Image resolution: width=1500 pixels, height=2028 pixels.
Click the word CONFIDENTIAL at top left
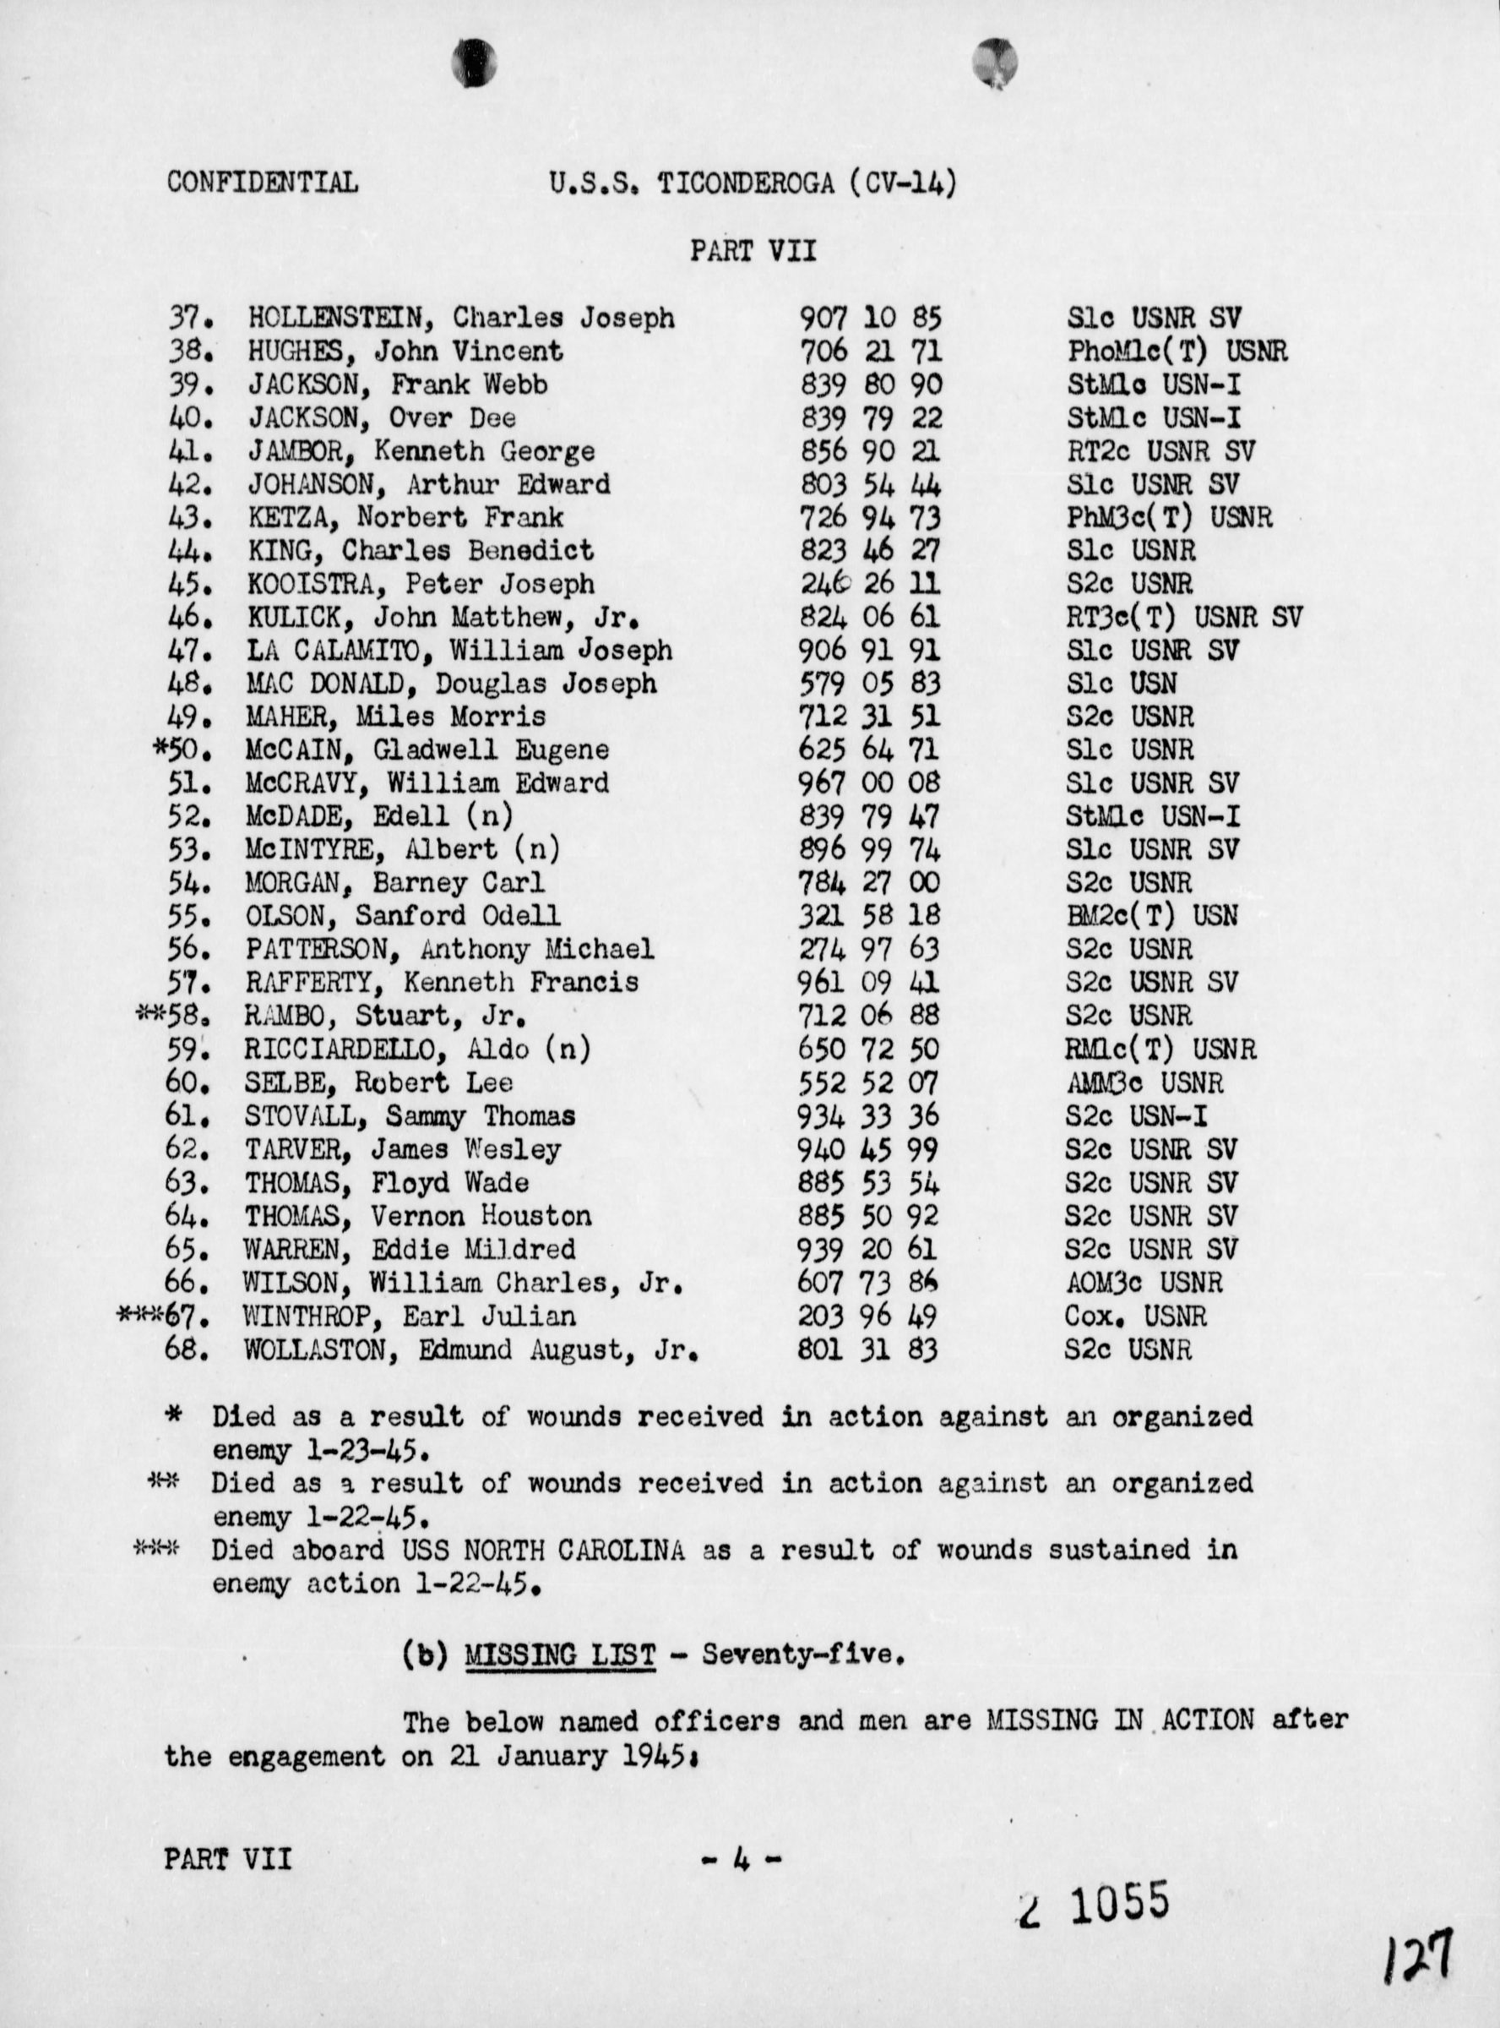coord(262,183)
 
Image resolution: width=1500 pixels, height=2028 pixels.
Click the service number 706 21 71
coord(870,352)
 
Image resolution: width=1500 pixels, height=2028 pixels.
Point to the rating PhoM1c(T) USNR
coord(1177,352)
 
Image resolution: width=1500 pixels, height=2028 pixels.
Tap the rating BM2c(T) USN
coord(1151,915)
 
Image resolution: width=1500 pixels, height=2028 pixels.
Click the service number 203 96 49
coord(867,1316)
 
